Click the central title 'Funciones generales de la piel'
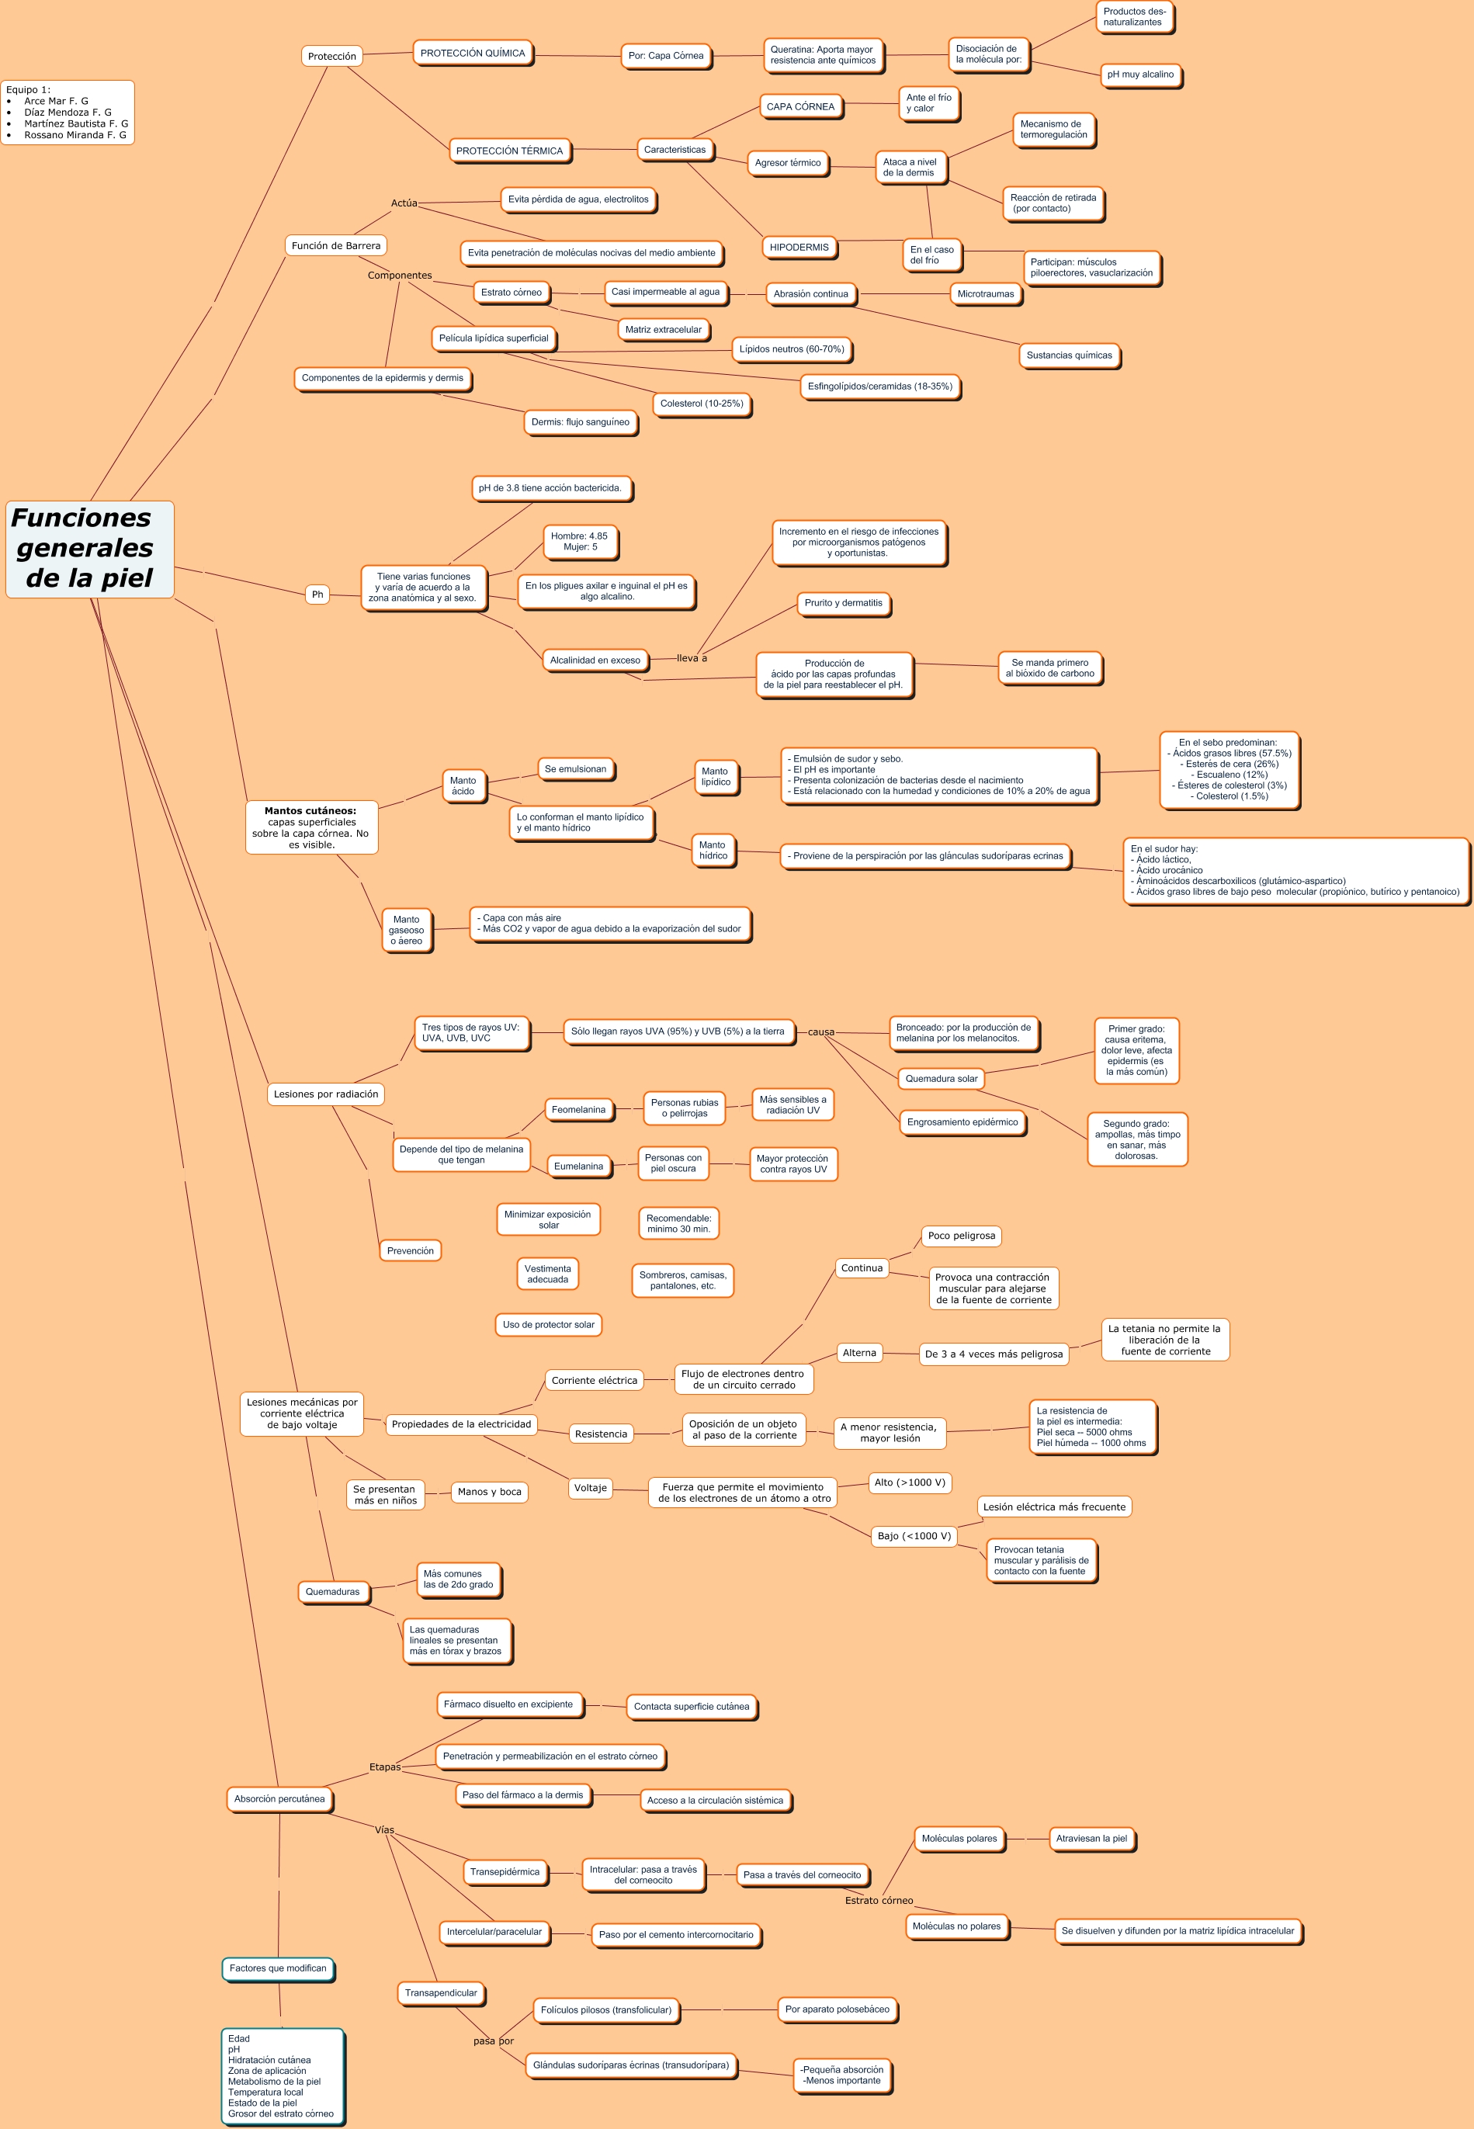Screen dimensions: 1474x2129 click(x=89, y=549)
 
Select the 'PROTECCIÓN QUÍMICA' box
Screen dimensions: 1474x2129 click(x=472, y=54)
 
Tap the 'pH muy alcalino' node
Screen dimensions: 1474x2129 click(x=1139, y=75)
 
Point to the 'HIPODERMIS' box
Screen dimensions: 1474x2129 click(x=799, y=248)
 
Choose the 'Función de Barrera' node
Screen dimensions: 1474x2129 click(x=335, y=245)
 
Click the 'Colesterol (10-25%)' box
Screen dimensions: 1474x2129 click(x=701, y=404)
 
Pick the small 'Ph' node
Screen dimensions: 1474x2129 click(x=317, y=595)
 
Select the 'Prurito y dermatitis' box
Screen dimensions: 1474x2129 click(x=842, y=603)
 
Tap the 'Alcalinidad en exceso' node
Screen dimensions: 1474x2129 click(x=595, y=660)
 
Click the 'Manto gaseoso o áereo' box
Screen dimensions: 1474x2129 click(x=407, y=930)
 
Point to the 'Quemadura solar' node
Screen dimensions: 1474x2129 click(x=940, y=1078)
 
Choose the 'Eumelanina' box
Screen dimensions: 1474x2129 click(x=578, y=1166)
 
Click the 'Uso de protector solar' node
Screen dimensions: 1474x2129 click(x=548, y=1324)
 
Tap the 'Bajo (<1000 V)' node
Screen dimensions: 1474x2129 click(x=914, y=1535)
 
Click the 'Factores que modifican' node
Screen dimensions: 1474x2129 click(x=277, y=1968)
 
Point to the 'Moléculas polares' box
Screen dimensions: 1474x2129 click(x=959, y=1838)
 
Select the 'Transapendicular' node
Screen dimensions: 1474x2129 click(x=441, y=1992)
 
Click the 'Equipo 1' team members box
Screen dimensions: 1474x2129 click(x=68, y=113)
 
